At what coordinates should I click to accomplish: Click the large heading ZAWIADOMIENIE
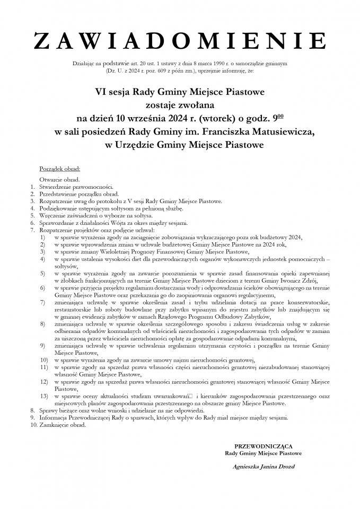180,40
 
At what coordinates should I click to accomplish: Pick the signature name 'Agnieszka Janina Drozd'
264,467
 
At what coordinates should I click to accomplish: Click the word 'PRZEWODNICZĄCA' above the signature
263,447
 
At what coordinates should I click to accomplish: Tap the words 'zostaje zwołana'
180,104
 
